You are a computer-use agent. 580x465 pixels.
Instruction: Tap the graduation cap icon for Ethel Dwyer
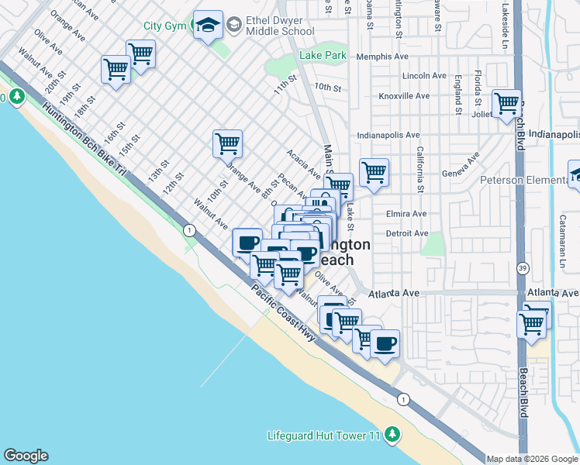[x=208, y=26]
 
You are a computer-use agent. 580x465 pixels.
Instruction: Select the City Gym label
[x=164, y=26]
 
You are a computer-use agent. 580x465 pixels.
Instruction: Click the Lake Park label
[x=323, y=56]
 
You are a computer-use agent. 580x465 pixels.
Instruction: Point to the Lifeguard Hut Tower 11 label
[x=324, y=436]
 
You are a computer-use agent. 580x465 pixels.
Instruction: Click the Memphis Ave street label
[x=382, y=57]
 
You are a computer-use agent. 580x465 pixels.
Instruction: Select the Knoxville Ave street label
[x=404, y=96]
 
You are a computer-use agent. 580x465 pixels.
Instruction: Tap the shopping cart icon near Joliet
[x=506, y=103]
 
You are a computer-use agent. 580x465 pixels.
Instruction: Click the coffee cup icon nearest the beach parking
[x=385, y=343]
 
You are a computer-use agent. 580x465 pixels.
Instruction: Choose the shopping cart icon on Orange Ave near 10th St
[x=227, y=143]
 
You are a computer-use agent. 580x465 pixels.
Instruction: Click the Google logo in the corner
[x=26, y=456]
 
